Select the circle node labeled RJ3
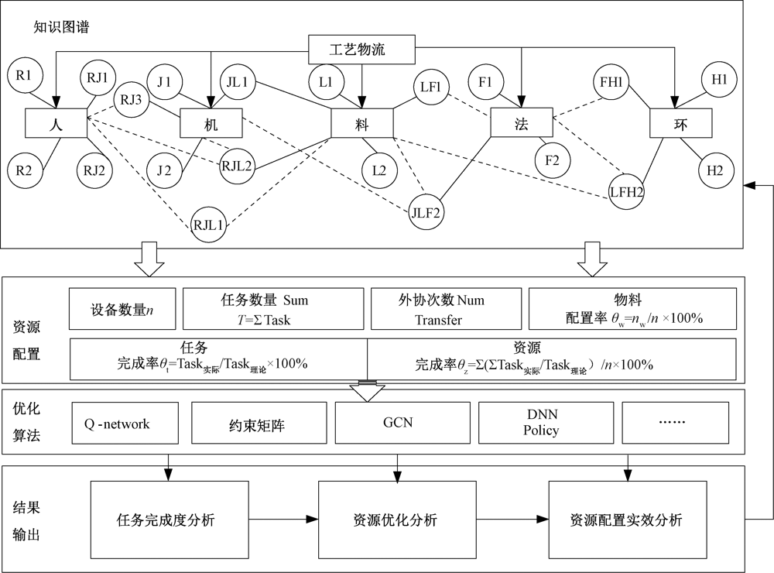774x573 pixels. (130, 99)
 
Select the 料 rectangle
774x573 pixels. (361, 123)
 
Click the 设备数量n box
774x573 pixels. (123, 311)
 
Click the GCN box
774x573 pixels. (398, 424)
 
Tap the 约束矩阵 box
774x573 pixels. (255, 424)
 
